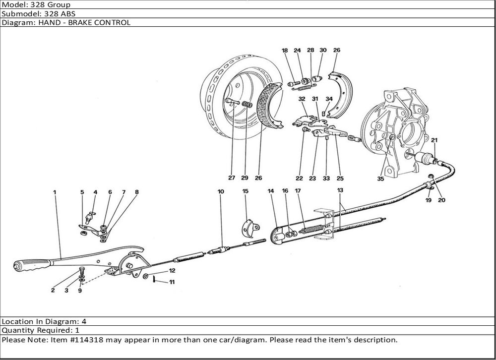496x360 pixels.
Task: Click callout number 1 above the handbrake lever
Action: coord(55,191)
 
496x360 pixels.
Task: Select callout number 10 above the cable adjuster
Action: coord(221,191)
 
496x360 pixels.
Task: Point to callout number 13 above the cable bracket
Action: coord(340,190)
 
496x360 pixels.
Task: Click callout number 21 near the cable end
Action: coord(434,140)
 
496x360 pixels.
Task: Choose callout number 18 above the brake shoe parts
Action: coord(285,51)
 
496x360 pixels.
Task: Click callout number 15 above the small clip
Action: coord(245,191)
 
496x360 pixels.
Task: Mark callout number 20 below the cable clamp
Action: coord(442,200)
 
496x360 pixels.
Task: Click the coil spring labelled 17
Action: coord(310,230)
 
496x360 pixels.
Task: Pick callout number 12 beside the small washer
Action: coord(172,271)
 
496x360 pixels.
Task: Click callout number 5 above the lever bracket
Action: coord(82,192)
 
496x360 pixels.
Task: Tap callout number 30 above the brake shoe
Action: coord(323,51)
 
